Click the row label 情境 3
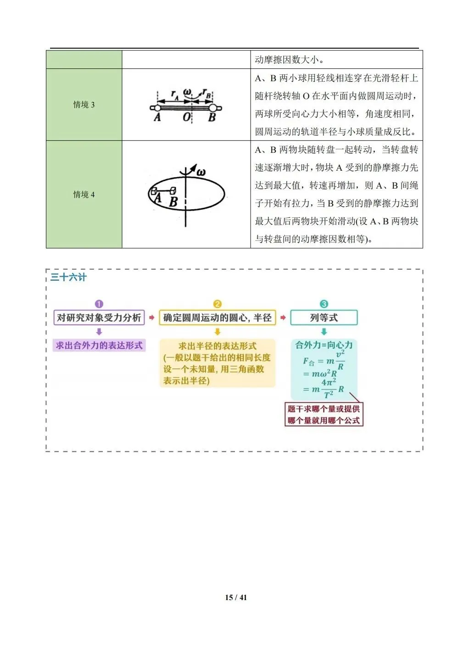coord(84,105)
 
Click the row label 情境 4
coord(84,195)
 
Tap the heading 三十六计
coord(68,277)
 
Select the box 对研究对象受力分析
coord(99,317)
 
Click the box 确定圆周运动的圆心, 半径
coord(217,317)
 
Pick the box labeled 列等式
coord(324,317)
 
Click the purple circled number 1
coord(99,304)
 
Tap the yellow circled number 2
coord(218,304)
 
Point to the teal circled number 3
coord(324,304)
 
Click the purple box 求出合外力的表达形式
coord(99,345)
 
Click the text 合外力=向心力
coord(324,345)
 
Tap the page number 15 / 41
coord(236,597)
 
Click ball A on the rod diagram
coord(157,108)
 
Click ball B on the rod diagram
coord(212,108)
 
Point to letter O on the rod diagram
coord(186,117)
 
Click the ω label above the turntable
coord(201,173)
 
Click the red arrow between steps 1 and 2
coord(152,317)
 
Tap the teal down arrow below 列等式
coord(324,332)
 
